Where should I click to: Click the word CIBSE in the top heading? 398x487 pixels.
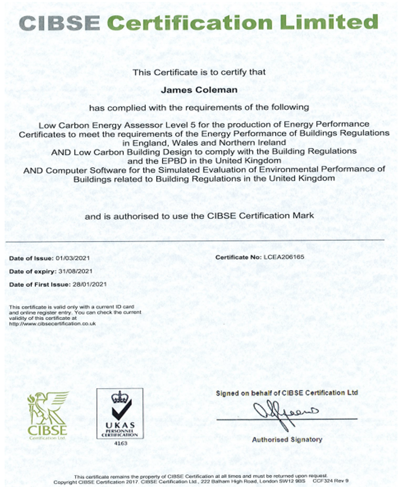[x=59, y=23]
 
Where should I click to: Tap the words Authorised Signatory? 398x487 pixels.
[x=287, y=439]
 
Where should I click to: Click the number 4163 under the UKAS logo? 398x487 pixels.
[x=119, y=443]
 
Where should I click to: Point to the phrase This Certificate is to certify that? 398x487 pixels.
[x=199, y=72]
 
